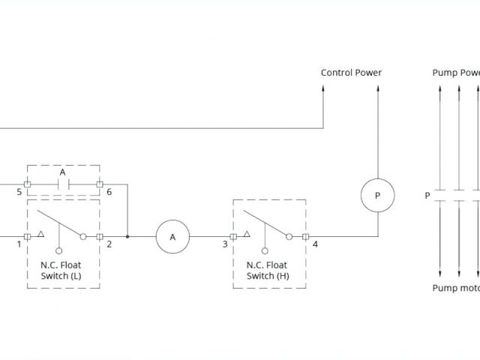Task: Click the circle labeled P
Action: pos(377,195)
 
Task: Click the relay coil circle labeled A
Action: pos(172,236)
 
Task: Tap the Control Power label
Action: pos(351,73)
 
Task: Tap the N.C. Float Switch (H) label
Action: pos(268,270)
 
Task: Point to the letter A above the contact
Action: pos(63,172)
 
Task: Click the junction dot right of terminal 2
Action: pos(127,236)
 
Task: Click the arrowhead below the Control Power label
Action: pos(324,88)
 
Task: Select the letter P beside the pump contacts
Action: pos(427,196)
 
